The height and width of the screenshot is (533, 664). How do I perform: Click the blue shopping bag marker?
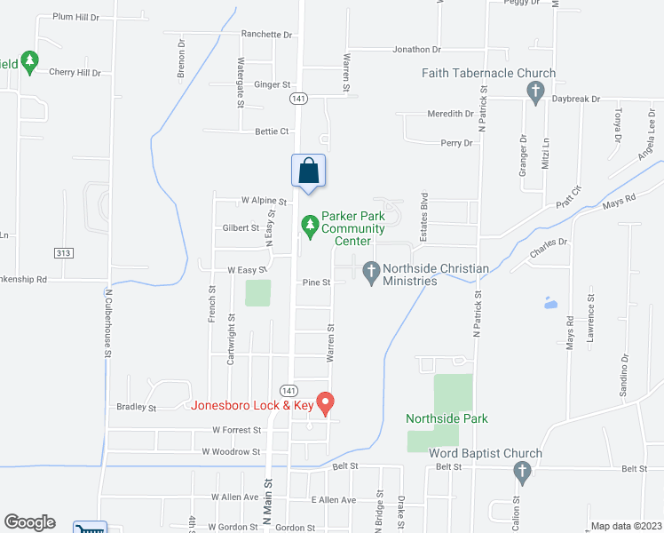308,171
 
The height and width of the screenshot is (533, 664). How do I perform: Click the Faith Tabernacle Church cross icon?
534,91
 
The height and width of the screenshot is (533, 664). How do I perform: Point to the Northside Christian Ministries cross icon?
370,268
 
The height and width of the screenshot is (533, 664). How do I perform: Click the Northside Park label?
447,418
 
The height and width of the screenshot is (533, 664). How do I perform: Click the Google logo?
29,522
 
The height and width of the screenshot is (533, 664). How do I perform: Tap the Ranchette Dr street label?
266,35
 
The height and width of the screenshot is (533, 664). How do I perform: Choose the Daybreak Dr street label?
576,99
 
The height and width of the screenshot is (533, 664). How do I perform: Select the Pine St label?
316,282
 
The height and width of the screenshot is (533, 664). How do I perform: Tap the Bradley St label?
136,409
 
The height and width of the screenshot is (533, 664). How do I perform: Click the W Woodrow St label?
231,451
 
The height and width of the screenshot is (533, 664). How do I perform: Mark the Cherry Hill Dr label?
75,73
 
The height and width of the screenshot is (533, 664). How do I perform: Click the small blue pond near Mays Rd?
550,303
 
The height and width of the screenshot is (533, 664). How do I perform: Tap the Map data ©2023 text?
625,526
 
